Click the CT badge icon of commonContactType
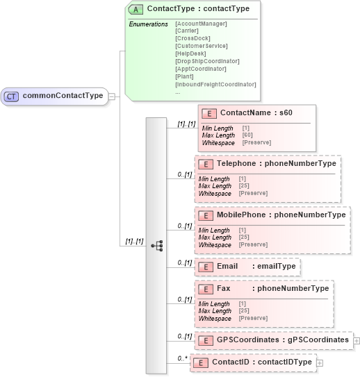(x=11, y=97)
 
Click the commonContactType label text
(x=63, y=97)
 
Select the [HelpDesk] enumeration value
(x=191, y=54)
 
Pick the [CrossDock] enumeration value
(x=192, y=39)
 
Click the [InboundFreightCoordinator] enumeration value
(x=215, y=84)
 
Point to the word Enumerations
(x=148, y=24)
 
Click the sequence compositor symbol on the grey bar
(x=156, y=246)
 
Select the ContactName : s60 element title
(x=256, y=113)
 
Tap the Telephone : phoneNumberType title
(x=276, y=164)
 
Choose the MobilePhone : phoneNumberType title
(x=281, y=215)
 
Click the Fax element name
(x=224, y=288)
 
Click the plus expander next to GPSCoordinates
(x=357, y=340)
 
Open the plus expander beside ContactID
(x=319, y=362)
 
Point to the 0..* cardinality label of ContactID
(x=183, y=358)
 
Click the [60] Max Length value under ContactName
(x=247, y=135)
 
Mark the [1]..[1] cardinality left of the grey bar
(x=134, y=242)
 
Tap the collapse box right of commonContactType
(x=112, y=97)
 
